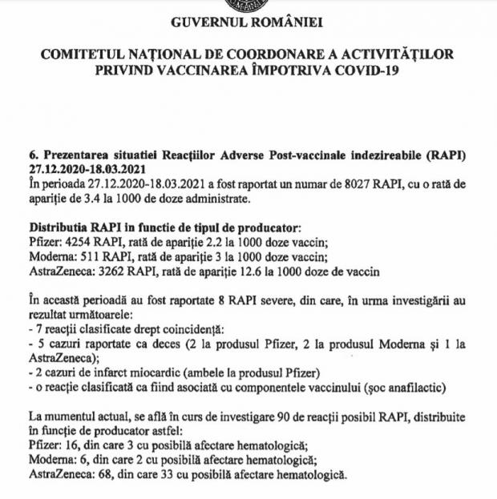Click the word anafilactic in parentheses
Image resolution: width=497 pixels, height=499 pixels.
click(428, 388)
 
